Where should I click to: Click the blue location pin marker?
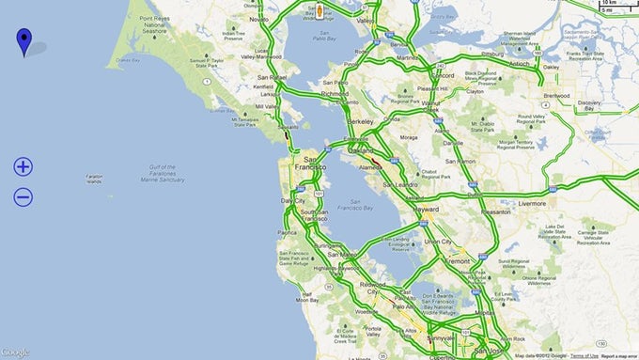23,40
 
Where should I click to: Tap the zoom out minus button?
23,197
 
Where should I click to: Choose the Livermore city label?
532,201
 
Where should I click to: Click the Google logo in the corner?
15,352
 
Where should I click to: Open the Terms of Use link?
584,356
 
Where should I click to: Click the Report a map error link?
618,356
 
